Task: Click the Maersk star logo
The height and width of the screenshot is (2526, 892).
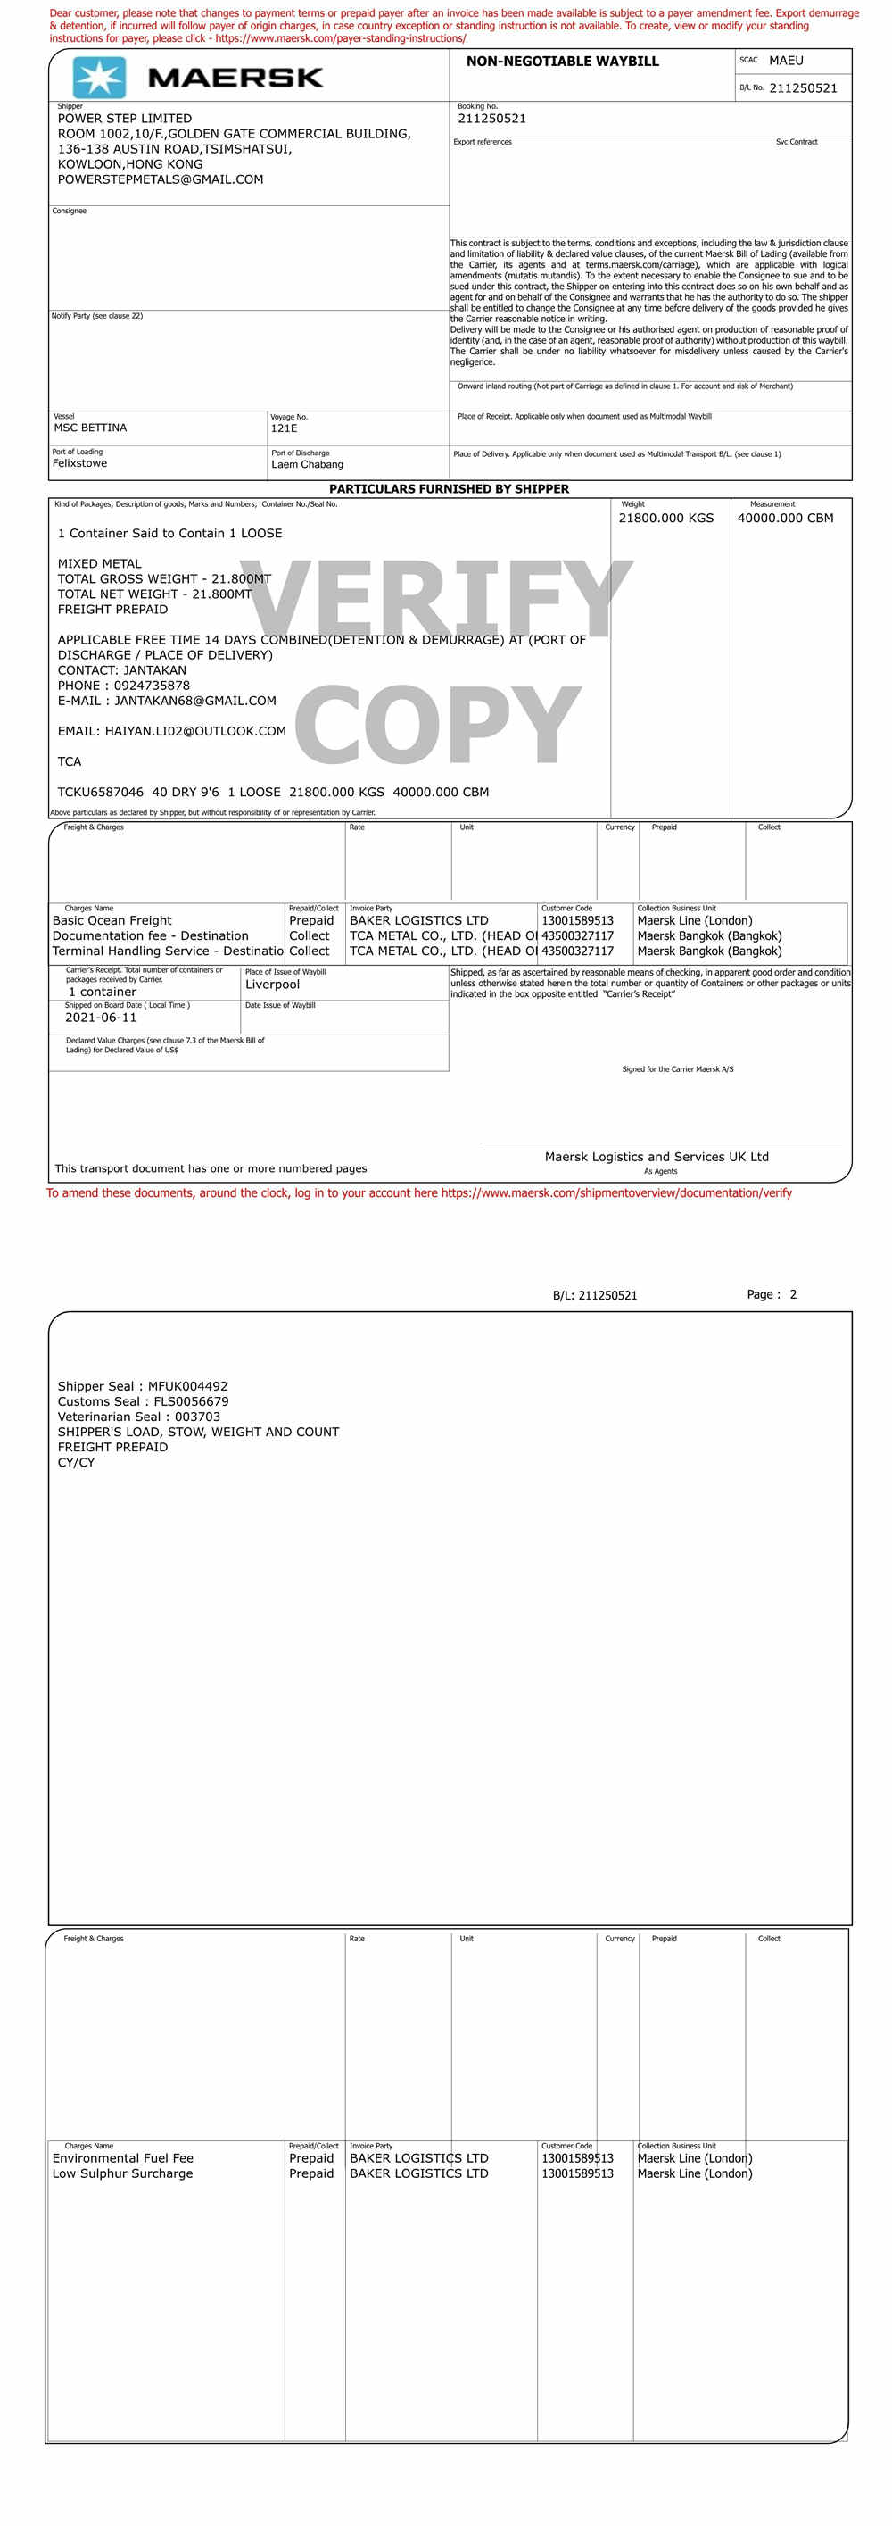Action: (99, 78)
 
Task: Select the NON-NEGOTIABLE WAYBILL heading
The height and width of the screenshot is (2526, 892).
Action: (562, 62)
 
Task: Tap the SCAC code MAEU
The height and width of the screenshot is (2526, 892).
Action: (785, 61)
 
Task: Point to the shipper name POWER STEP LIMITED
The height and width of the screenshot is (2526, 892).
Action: (125, 119)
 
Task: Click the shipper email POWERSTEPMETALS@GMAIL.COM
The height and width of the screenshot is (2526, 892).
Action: (160, 179)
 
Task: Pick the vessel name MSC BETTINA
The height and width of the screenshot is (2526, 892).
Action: (90, 428)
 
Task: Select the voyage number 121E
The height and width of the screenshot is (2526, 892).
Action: (284, 428)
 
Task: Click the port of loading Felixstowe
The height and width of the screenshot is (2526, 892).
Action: (79, 464)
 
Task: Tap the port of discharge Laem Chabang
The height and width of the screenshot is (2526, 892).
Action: (307, 465)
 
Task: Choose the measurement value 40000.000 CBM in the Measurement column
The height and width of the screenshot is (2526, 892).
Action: (784, 518)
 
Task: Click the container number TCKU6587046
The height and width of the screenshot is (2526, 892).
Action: (100, 793)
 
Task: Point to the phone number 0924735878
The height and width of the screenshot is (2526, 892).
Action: (152, 686)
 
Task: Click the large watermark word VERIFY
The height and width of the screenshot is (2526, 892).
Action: (436, 598)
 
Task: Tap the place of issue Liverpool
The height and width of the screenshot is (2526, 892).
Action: (272, 985)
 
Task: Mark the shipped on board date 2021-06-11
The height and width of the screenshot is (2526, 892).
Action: (101, 1018)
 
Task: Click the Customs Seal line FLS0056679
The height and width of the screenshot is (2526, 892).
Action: (143, 1401)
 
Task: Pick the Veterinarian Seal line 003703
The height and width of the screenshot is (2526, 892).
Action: (138, 1417)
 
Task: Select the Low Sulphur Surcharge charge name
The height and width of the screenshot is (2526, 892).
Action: (122, 2173)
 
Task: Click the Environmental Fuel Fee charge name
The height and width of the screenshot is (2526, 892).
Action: (122, 2158)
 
